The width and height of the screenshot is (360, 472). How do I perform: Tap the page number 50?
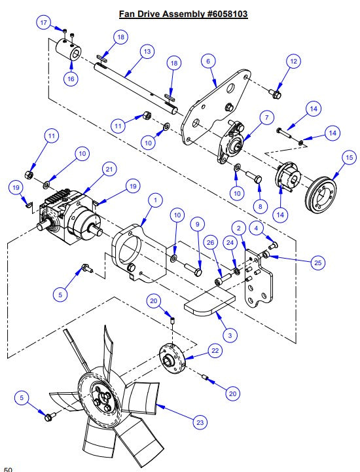pyautogui.click(x=8, y=468)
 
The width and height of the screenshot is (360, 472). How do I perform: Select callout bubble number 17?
pyautogui.click(x=44, y=23)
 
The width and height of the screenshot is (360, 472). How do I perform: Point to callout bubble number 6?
pyautogui.click(x=207, y=61)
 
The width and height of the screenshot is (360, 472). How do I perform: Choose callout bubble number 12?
pyautogui.click(x=293, y=61)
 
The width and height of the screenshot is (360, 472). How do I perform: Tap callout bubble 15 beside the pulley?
pyautogui.click(x=348, y=158)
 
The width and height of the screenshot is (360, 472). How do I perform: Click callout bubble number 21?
pyautogui.click(x=109, y=170)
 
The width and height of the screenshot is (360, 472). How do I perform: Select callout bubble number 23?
pyautogui.click(x=200, y=422)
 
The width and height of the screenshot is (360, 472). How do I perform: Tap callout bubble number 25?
pyautogui.click(x=317, y=263)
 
